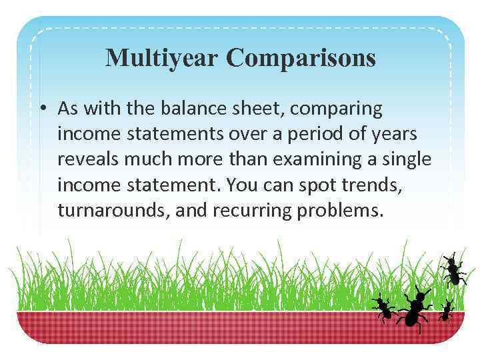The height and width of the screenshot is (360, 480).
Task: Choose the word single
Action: tap(409, 159)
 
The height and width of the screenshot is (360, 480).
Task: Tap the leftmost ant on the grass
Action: tap(383, 307)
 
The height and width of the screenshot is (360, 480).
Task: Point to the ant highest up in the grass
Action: tap(453, 269)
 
